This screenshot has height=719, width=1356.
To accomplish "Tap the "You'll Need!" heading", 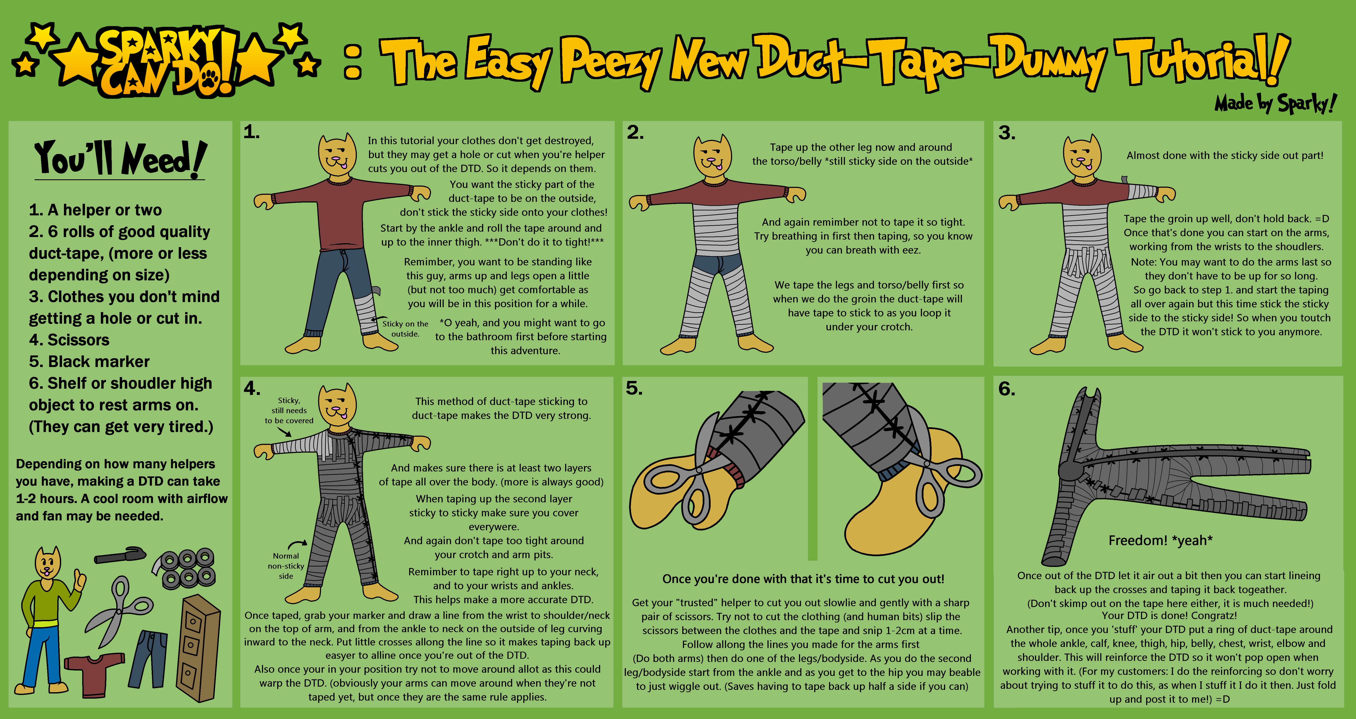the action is (120, 159).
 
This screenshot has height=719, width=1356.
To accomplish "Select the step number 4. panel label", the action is (252, 388).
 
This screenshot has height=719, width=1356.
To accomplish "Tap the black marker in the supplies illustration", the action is (120, 555).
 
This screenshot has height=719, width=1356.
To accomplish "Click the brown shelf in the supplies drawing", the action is (199, 648).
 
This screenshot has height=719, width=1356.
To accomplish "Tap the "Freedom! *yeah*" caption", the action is (1160, 541).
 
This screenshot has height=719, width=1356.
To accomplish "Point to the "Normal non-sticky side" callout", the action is (286, 566).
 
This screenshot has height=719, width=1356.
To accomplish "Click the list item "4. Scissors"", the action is (69, 340).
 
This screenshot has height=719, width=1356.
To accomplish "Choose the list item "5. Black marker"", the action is (89, 362).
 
